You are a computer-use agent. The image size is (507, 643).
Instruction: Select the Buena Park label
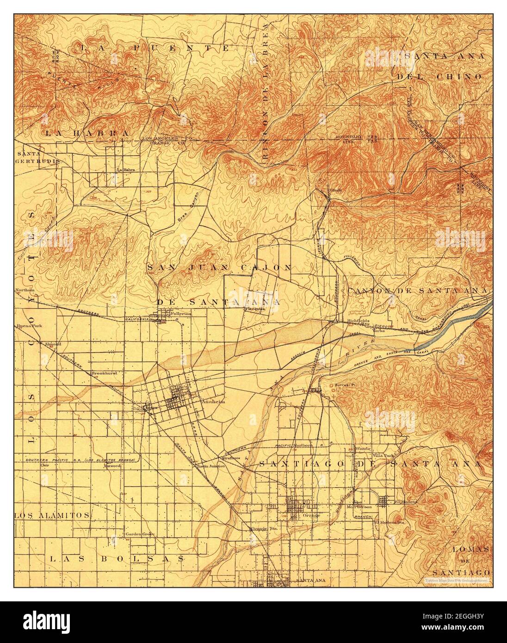28,326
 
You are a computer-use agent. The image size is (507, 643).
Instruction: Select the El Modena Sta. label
390,522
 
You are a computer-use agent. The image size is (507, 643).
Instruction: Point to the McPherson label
359,507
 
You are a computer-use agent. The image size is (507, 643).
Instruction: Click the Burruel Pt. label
345,384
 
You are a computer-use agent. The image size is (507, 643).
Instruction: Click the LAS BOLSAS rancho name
117,559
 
